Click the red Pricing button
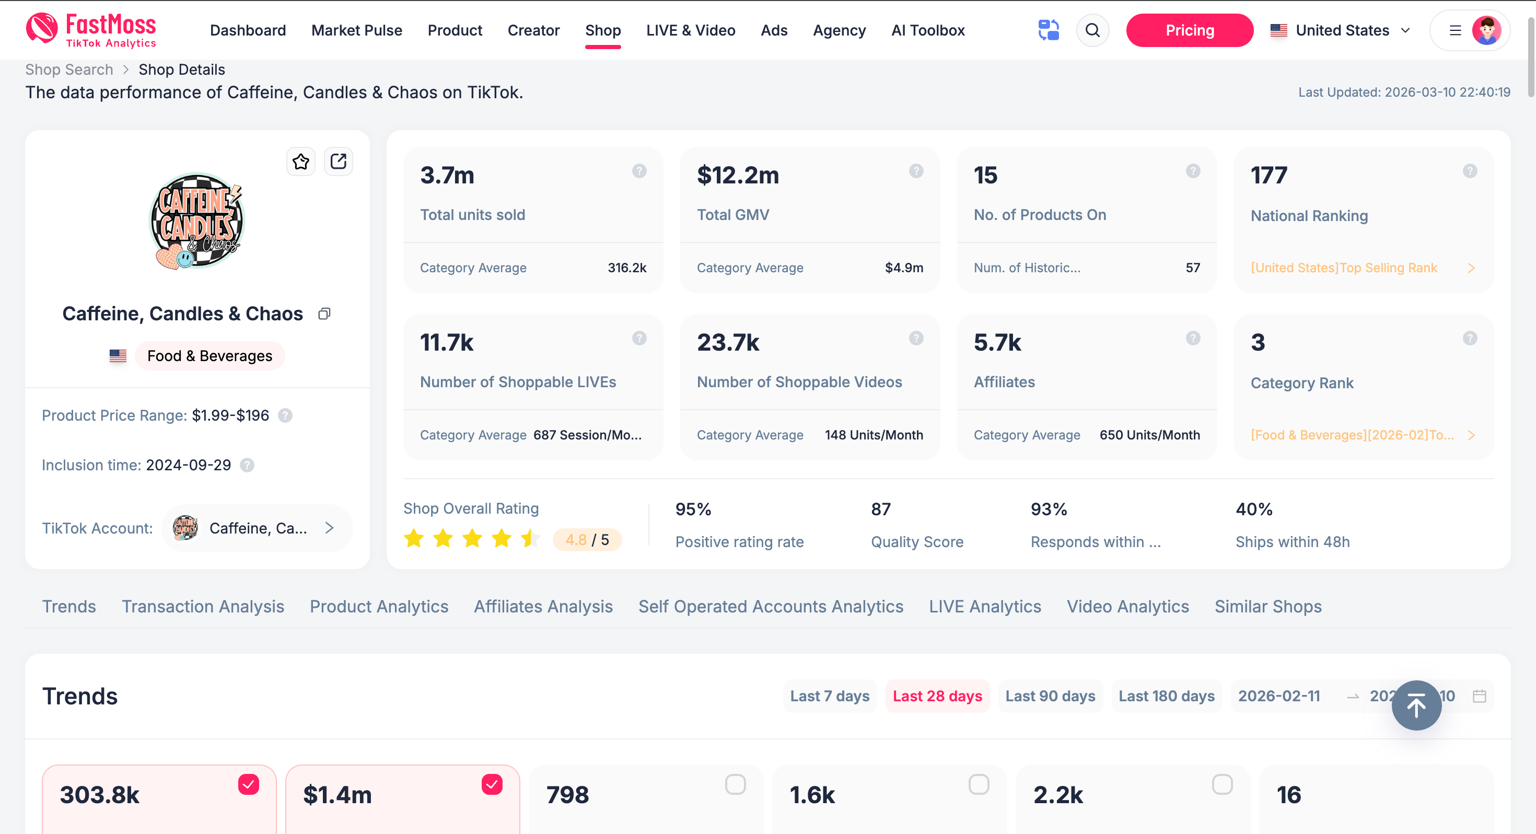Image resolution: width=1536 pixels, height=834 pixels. [1189, 30]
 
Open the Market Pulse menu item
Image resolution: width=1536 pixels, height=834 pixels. [356, 30]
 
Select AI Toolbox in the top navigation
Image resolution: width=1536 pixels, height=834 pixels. [927, 30]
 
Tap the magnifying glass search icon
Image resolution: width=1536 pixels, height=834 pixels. [1092, 30]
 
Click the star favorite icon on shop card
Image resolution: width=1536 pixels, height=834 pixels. [300, 161]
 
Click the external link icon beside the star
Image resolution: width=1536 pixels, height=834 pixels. [338, 161]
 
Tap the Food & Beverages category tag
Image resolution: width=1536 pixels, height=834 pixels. [210, 356]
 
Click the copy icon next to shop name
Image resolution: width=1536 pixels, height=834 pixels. [324, 314]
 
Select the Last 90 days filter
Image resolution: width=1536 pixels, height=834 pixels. [1050, 696]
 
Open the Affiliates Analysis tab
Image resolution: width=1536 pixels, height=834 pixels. [543, 606]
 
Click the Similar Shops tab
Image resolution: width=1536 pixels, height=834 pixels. [1267, 606]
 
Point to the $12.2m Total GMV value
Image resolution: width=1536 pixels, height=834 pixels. [738, 176]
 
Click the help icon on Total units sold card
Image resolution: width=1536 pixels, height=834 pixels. [638, 171]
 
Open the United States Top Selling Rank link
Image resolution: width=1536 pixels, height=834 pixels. [1343, 268]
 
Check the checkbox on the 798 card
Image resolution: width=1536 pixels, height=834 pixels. [735, 784]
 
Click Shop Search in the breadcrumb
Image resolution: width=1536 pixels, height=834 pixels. [68, 70]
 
